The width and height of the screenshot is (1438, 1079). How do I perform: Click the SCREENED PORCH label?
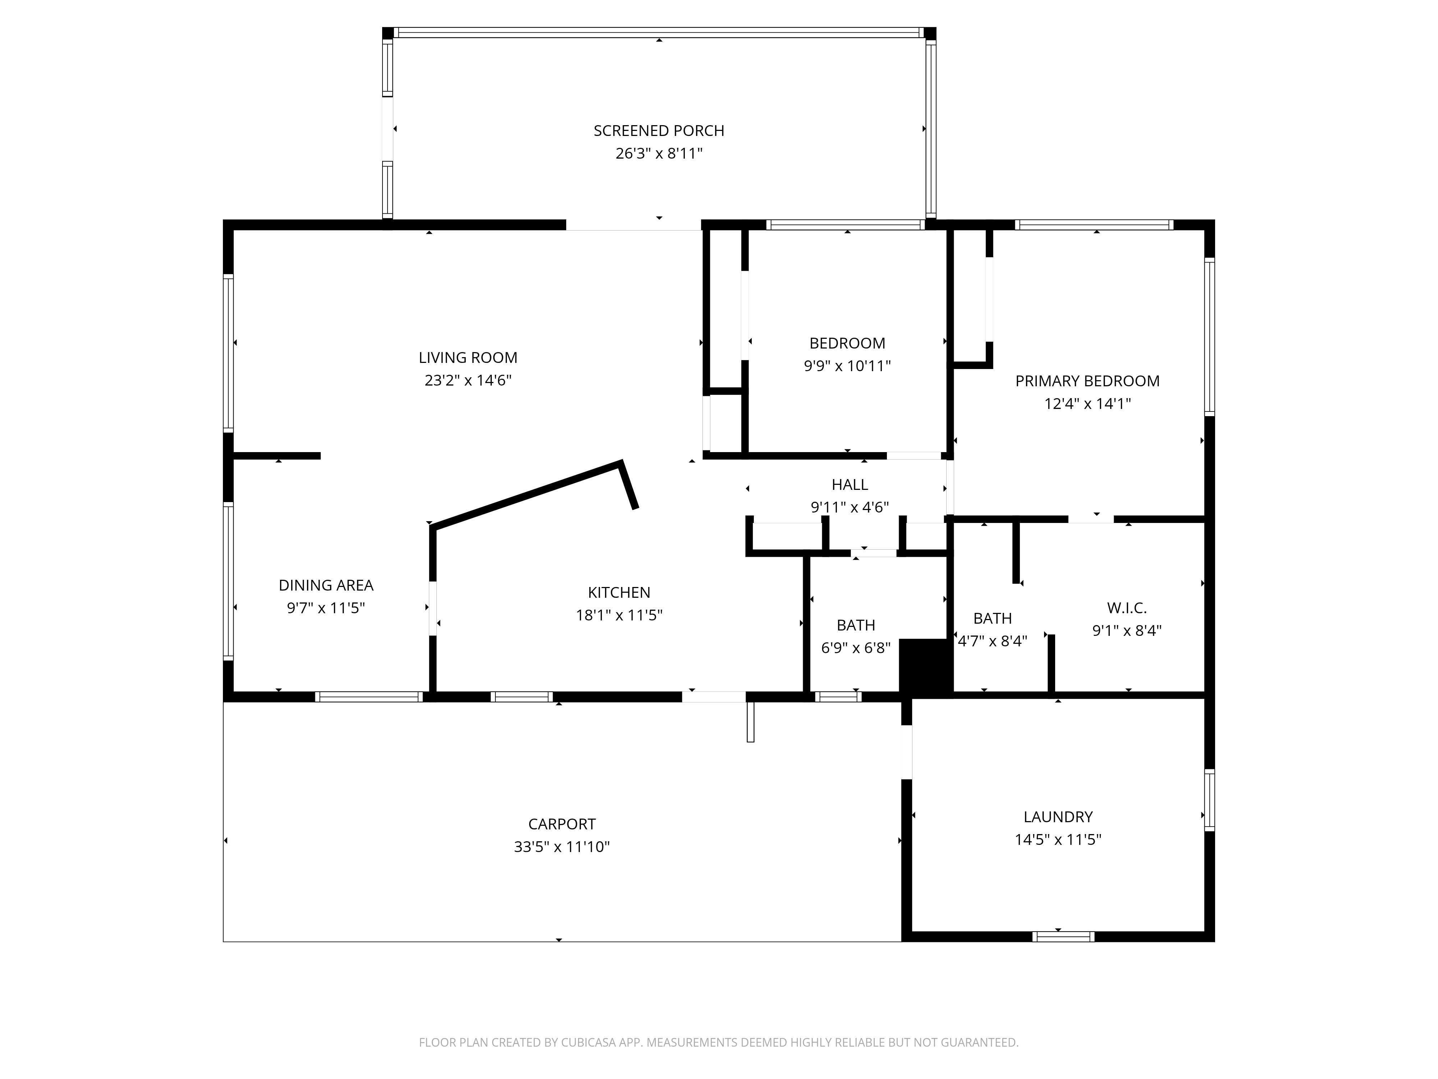click(x=659, y=131)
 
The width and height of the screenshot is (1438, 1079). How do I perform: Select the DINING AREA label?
click(x=326, y=585)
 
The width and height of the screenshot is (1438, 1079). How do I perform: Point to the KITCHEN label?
click(x=619, y=592)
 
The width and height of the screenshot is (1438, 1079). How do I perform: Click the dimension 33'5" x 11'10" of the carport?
click(x=562, y=847)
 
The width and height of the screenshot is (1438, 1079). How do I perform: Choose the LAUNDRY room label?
click(x=1058, y=817)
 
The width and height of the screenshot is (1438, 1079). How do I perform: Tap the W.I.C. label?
click(x=1127, y=608)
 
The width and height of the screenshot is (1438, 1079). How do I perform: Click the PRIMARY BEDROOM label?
click(x=1087, y=381)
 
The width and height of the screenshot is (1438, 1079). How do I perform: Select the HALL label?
click(x=849, y=484)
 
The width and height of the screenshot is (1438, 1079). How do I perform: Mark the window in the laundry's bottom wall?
click(x=1063, y=937)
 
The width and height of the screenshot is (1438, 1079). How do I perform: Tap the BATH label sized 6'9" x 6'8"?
click(x=856, y=625)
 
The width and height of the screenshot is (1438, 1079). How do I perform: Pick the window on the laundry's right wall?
click(x=1209, y=800)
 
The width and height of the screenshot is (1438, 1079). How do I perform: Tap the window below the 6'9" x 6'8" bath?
click(x=838, y=697)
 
